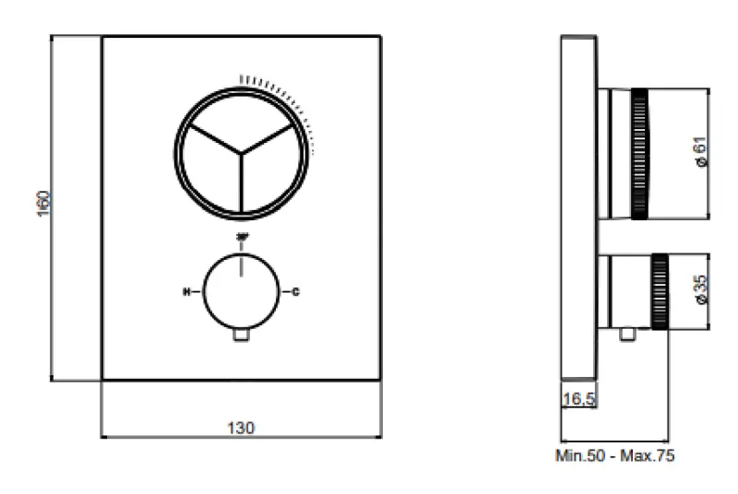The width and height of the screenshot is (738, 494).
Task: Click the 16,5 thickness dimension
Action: click(x=577, y=400)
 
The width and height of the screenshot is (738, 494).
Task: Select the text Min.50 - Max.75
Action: click(x=614, y=455)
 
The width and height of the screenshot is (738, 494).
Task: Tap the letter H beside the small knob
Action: click(x=187, y=292)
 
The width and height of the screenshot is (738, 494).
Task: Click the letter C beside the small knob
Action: click(x=295, y=292)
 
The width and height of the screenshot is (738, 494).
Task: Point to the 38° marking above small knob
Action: click(x=242, y=239)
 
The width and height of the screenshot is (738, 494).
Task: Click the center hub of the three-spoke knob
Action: click(x=242, y=151)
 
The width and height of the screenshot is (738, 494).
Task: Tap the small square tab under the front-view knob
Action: click(x=242, y=336)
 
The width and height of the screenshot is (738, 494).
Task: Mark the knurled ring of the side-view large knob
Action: click(x=639, y=154)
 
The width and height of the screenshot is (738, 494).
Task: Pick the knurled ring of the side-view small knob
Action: click(x=660, y=290)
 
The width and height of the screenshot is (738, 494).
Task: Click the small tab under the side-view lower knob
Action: click(x=629, y=335)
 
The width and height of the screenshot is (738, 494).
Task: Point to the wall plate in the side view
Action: click(x=578, y=207)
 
